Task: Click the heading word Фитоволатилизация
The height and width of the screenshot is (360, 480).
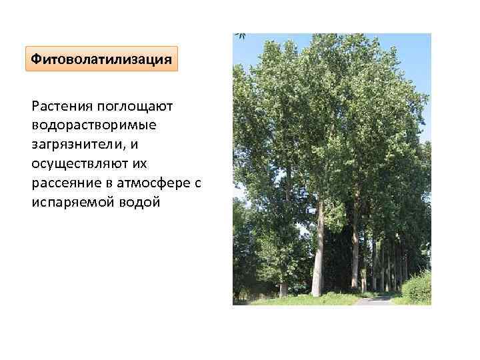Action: pyautogui.click(x=102, y=59)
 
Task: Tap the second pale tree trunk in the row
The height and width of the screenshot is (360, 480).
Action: pyautogui.click(x=355, y=257)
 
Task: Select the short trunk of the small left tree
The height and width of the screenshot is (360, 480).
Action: pyautogui.click(x=284, y=288)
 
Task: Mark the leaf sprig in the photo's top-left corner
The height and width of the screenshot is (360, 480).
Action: pyautogui.click(x=239, y=37)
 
